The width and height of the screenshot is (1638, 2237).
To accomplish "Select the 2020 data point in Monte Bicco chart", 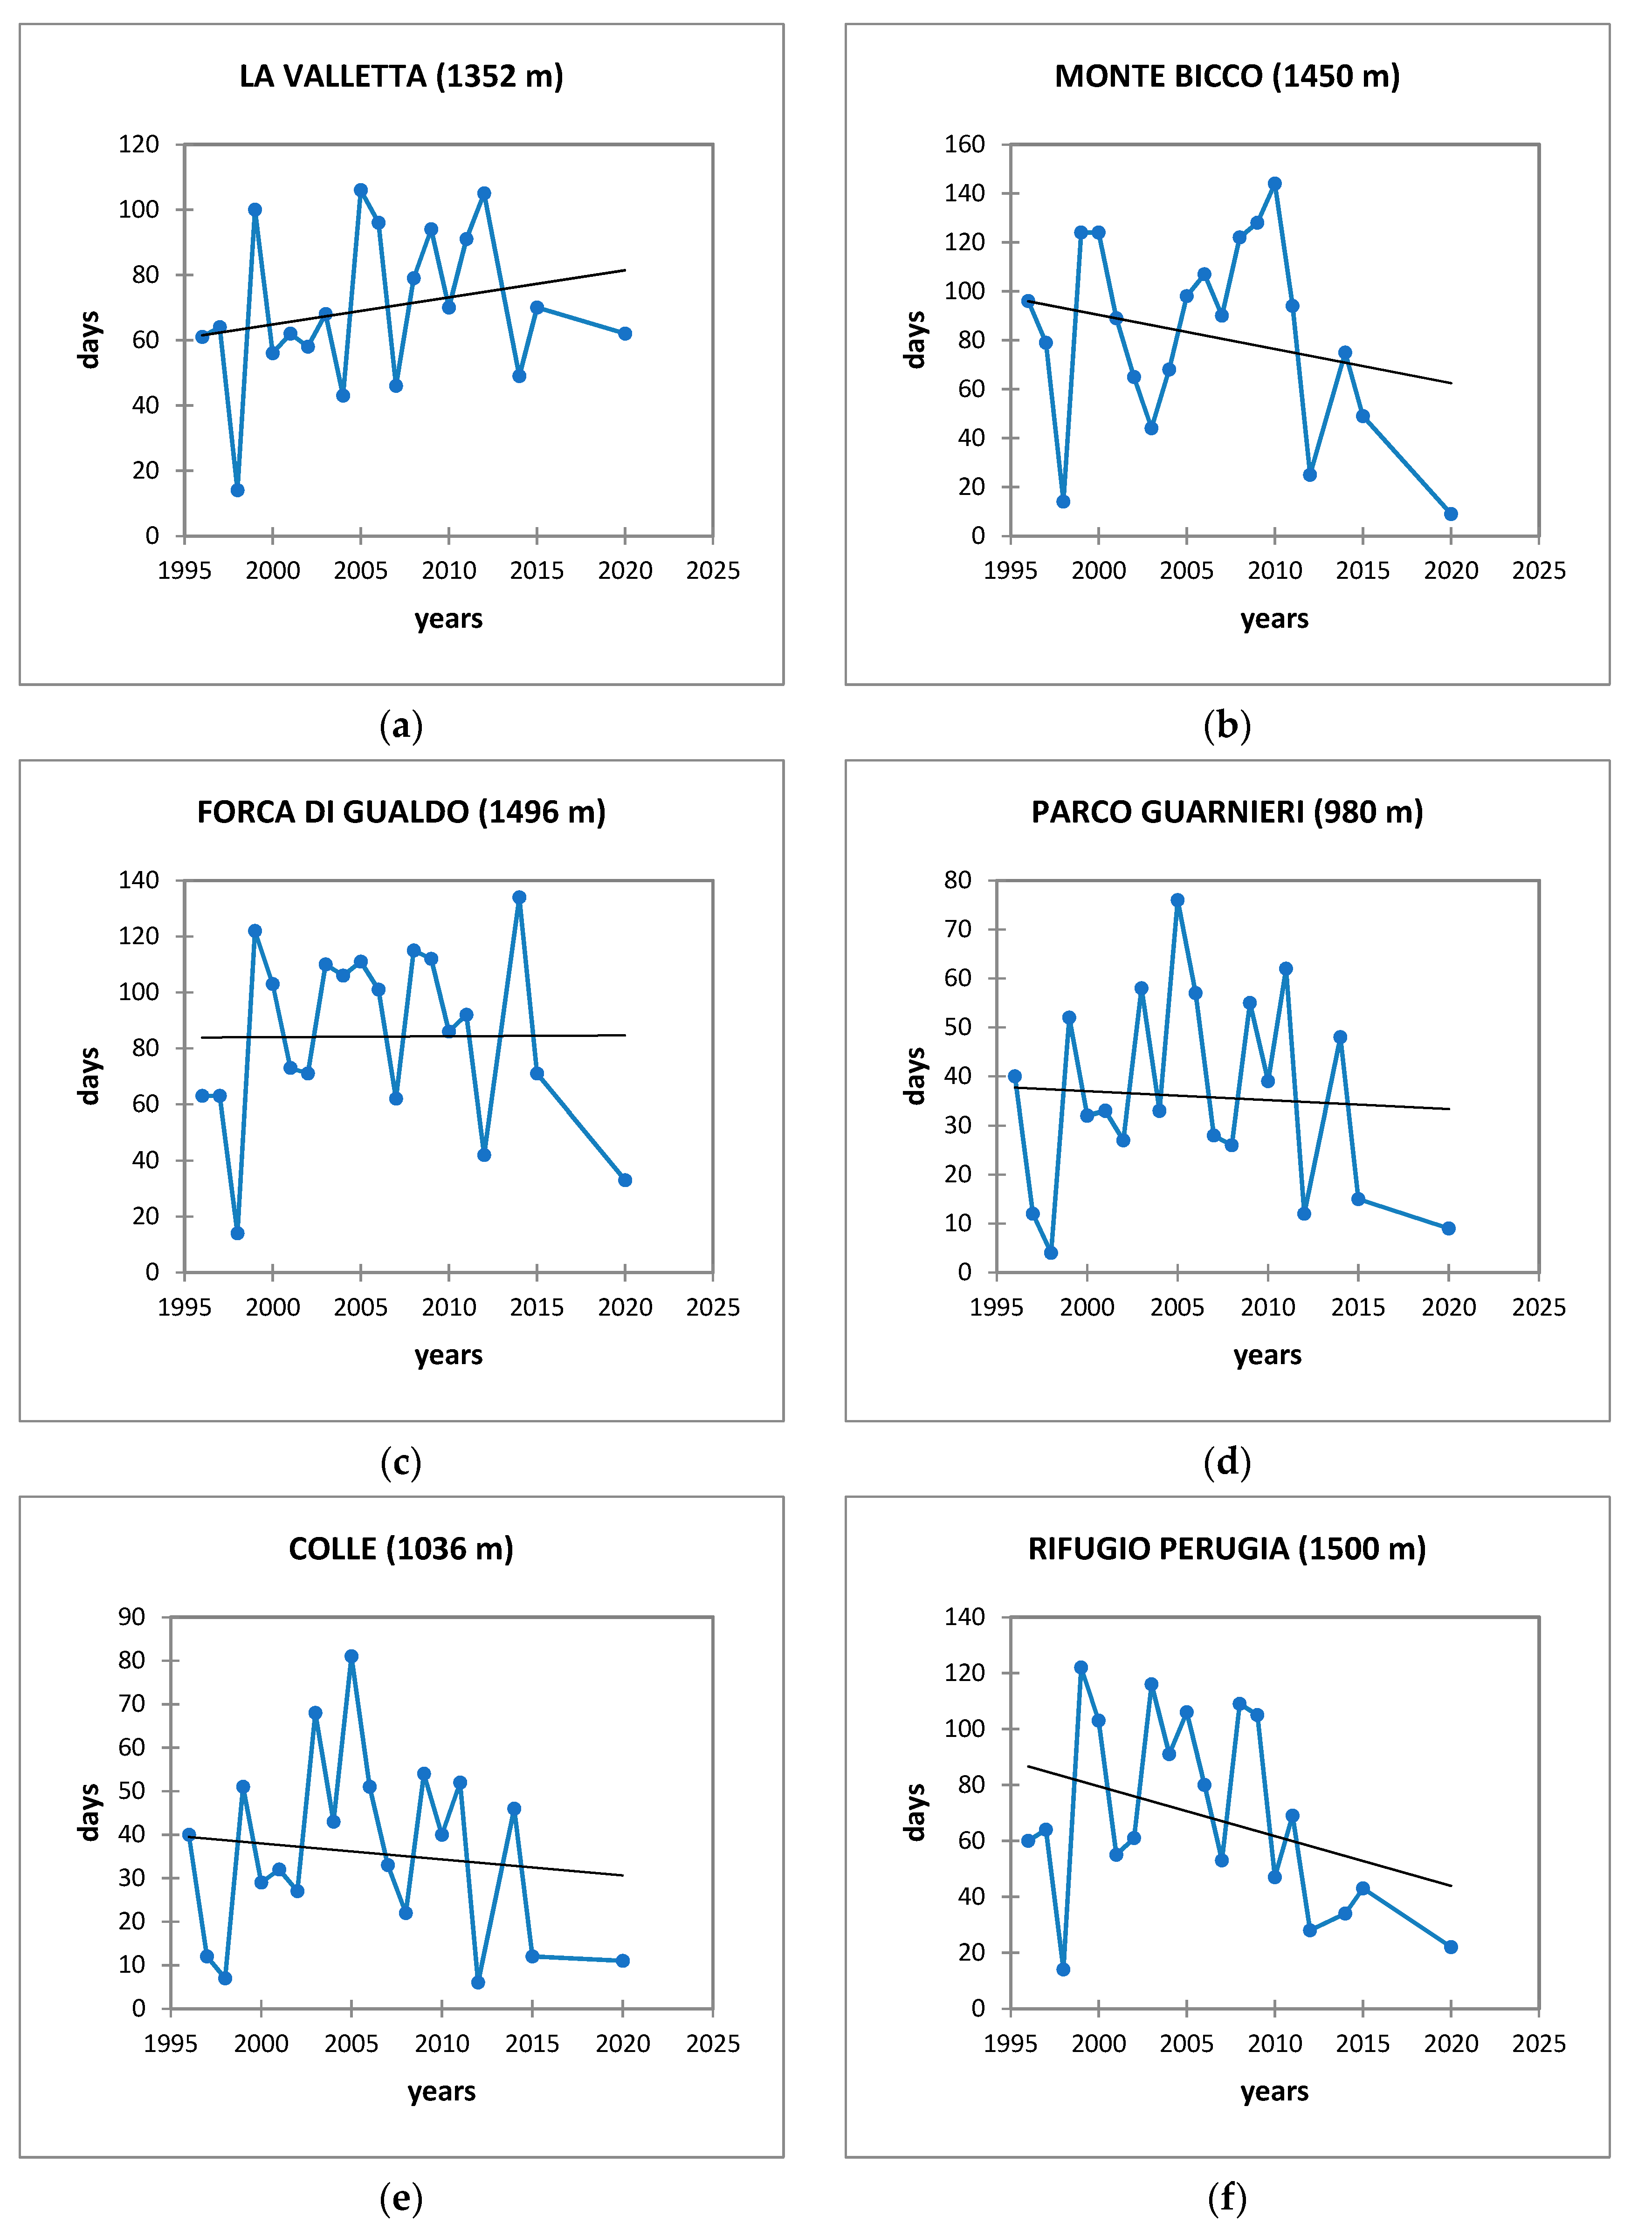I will (1451, 514).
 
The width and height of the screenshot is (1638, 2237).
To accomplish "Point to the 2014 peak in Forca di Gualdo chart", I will (518, 897).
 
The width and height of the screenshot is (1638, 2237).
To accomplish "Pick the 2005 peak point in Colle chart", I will (351, 1656).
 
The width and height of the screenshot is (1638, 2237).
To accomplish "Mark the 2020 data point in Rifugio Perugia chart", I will (1451, 1947).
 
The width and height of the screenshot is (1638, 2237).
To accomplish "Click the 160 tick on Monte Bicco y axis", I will (964, 145).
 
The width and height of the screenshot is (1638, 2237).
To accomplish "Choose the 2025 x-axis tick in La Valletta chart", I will (713, 571).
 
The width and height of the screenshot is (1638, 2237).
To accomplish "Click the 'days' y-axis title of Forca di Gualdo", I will (89, 1075).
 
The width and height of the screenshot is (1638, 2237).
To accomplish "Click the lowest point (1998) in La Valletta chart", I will (237, 490).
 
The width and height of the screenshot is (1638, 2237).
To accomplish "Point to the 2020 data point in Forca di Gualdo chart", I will (625, 1180).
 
